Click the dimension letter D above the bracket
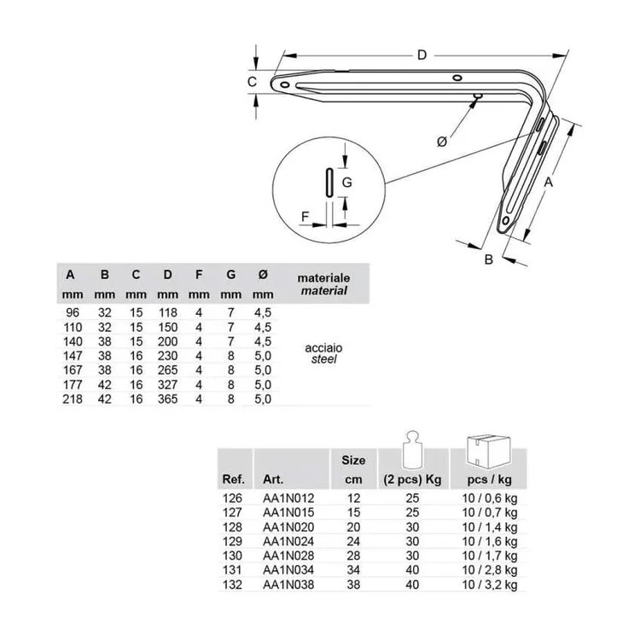[422, 55]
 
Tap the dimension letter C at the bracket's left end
[253, 82]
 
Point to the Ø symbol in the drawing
[442, 142]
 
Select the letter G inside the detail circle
[347, 182]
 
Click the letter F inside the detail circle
[305, 217]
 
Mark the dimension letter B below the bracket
[489, 259]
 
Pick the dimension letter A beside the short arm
[549, 182]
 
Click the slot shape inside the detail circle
[329, 183]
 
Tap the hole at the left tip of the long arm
[285, 84]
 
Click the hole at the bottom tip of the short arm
[507, 221]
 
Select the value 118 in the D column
[168, 312]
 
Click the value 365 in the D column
[168, 399]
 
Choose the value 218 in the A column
[73, 399]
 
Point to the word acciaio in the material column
[323, 348]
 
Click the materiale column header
[323, 278]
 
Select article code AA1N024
[288, 541]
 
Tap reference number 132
[232, 585]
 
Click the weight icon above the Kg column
[413, 450]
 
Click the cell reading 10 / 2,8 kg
[490, 570]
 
